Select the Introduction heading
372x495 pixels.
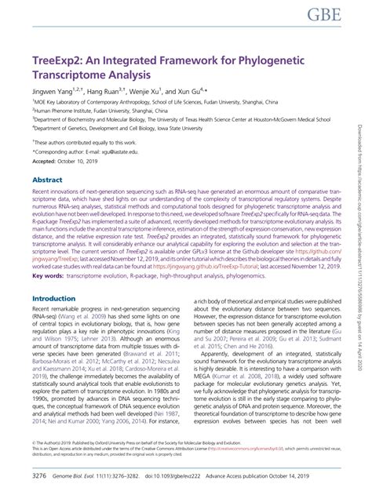[59, 277]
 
